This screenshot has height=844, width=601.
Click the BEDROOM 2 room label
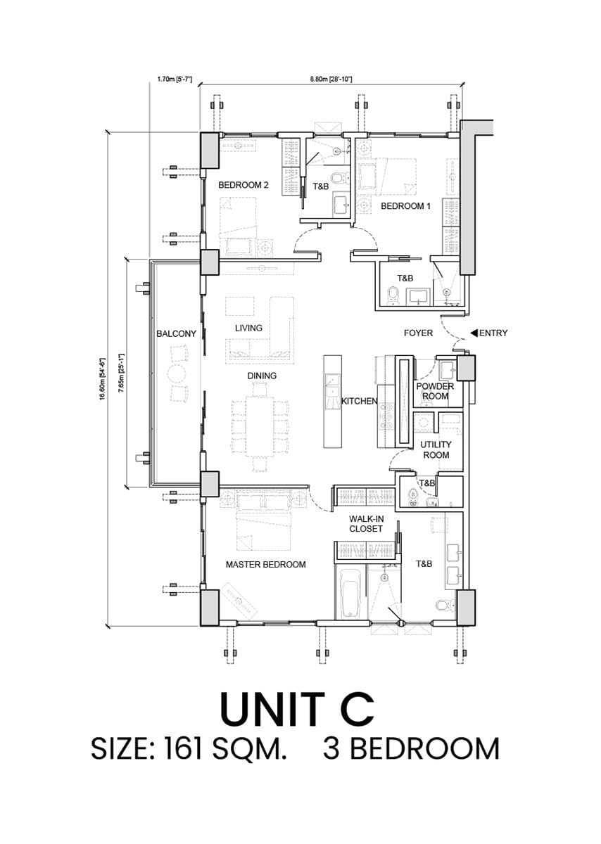pyautogui.click(x=243, y=185)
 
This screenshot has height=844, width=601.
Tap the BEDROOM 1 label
pyautogui.click(x=405, y=206)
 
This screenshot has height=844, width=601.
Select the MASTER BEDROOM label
pyautogui.click(x=265, y=564)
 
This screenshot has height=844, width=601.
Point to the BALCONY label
pyautogui.click(x=177, y=333)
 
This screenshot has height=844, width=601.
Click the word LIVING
pyautogui.click(x=248, y=328)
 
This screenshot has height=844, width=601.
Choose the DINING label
pyautogui.click(x=262, y=376)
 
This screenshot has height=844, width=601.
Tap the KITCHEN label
pyautogui.click(x=360, y=402)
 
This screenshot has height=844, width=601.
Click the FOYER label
pyautogui.click(x=418, y=333)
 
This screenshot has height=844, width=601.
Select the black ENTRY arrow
pyautogui.click(x=474, y=333)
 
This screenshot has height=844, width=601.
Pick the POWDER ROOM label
pyautogui.click(x=435, y=391)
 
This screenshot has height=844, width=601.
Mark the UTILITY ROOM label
pyautogui.click(x=436, y=450)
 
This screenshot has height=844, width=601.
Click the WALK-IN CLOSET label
pyautogui.click(x=366, y=524)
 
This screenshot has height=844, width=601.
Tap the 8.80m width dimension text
pyautogui.click(x=331, y=79)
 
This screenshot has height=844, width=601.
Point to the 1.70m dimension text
pyautogui.click(x=175, y=79)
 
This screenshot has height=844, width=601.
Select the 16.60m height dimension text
pyautogui.click(x=102, y=379)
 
